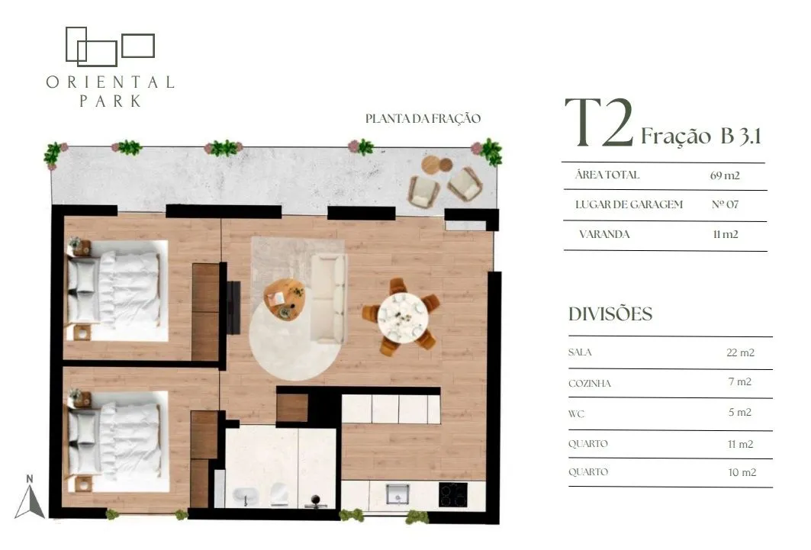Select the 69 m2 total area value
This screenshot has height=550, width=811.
(725, 175)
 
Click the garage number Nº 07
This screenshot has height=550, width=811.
(725, 204)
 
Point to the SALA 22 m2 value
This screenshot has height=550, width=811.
(740, 352)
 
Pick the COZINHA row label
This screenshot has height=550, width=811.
(589, 384)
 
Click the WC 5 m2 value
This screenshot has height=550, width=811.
(739, 412)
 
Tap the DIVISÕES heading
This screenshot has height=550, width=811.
(610, 314)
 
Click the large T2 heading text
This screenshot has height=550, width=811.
(599, 123)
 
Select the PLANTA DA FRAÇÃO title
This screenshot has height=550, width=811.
(423, 118)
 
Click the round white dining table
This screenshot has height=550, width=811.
(402, 316)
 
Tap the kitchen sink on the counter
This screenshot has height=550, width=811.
(397, 494)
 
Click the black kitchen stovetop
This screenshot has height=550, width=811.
(453, 494)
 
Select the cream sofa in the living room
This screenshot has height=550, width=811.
(328, 298)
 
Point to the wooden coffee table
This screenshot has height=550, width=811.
(284, 300)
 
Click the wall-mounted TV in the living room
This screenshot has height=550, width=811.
(233, 307)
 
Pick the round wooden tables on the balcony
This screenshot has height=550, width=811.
(437, 165)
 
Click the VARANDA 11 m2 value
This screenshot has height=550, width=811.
(725, 234)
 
